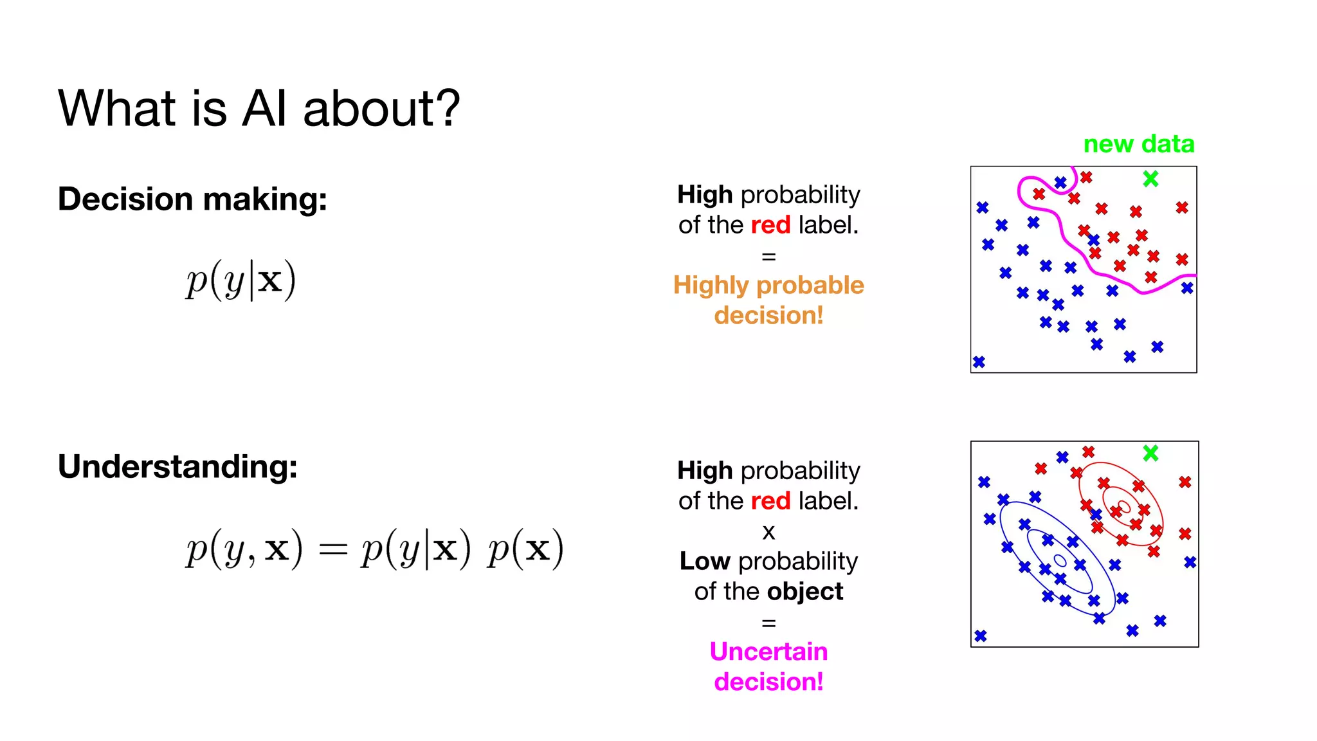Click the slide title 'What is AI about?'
point(259,108)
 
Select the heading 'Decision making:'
point(192,199)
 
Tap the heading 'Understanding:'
point(177,466)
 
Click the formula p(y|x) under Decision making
point(241,280)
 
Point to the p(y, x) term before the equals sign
point(243,549)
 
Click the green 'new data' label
point(1138,143)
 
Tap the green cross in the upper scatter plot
point(1150,178)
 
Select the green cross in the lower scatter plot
point(1150,453)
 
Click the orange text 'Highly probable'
point(768,285)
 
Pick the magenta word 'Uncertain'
point(768,652)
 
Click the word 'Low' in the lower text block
point(704,562)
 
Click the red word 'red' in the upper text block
point(770,225)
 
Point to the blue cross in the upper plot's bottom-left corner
point(979,362)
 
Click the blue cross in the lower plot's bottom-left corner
point(980,636)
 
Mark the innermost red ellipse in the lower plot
point(1124,505)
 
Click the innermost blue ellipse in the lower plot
point(1060,561)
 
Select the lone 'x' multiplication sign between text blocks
point(768,533)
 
